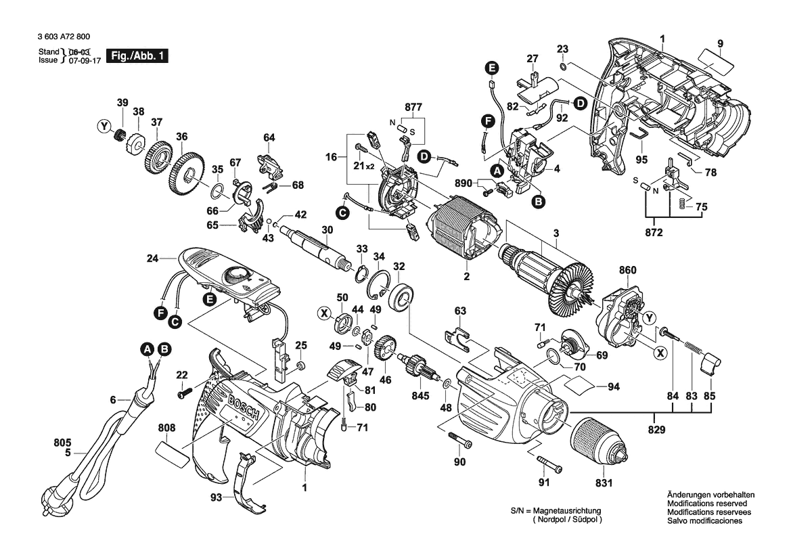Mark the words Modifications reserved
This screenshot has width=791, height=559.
tap(706, 504)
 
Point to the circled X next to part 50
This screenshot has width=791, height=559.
tap(325, 313)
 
